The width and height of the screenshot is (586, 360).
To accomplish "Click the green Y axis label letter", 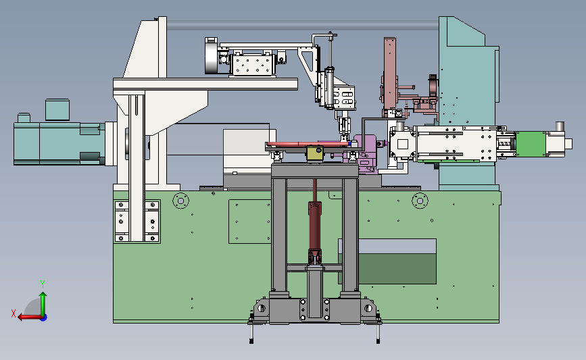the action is click(43, 284).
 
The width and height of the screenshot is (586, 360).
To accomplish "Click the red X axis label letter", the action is click(14, 313).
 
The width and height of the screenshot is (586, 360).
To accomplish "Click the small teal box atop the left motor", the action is click(57, 109).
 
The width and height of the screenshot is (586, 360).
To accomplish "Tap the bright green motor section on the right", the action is click(531, 144).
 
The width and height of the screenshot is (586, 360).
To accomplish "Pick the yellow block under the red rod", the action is click(315, 154).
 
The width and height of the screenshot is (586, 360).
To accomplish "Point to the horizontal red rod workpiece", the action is click(308, 144).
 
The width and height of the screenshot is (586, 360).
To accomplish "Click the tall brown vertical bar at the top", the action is click(390, 75).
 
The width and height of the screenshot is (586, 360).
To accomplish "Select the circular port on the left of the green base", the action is click(181, 201).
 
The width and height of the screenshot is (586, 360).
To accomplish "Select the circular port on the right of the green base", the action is click(420, 201).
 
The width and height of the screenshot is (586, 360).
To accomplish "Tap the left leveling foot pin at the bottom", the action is click(251, 332).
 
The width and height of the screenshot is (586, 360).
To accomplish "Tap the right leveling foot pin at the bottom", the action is click(379, 332).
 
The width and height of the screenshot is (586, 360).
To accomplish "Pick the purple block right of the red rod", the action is click(365, 154).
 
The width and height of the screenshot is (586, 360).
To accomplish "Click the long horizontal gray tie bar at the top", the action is click(303, 26).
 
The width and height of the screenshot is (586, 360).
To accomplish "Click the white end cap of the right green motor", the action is click(568, 144).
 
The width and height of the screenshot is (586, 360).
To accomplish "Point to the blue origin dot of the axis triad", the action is click(44, 318).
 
